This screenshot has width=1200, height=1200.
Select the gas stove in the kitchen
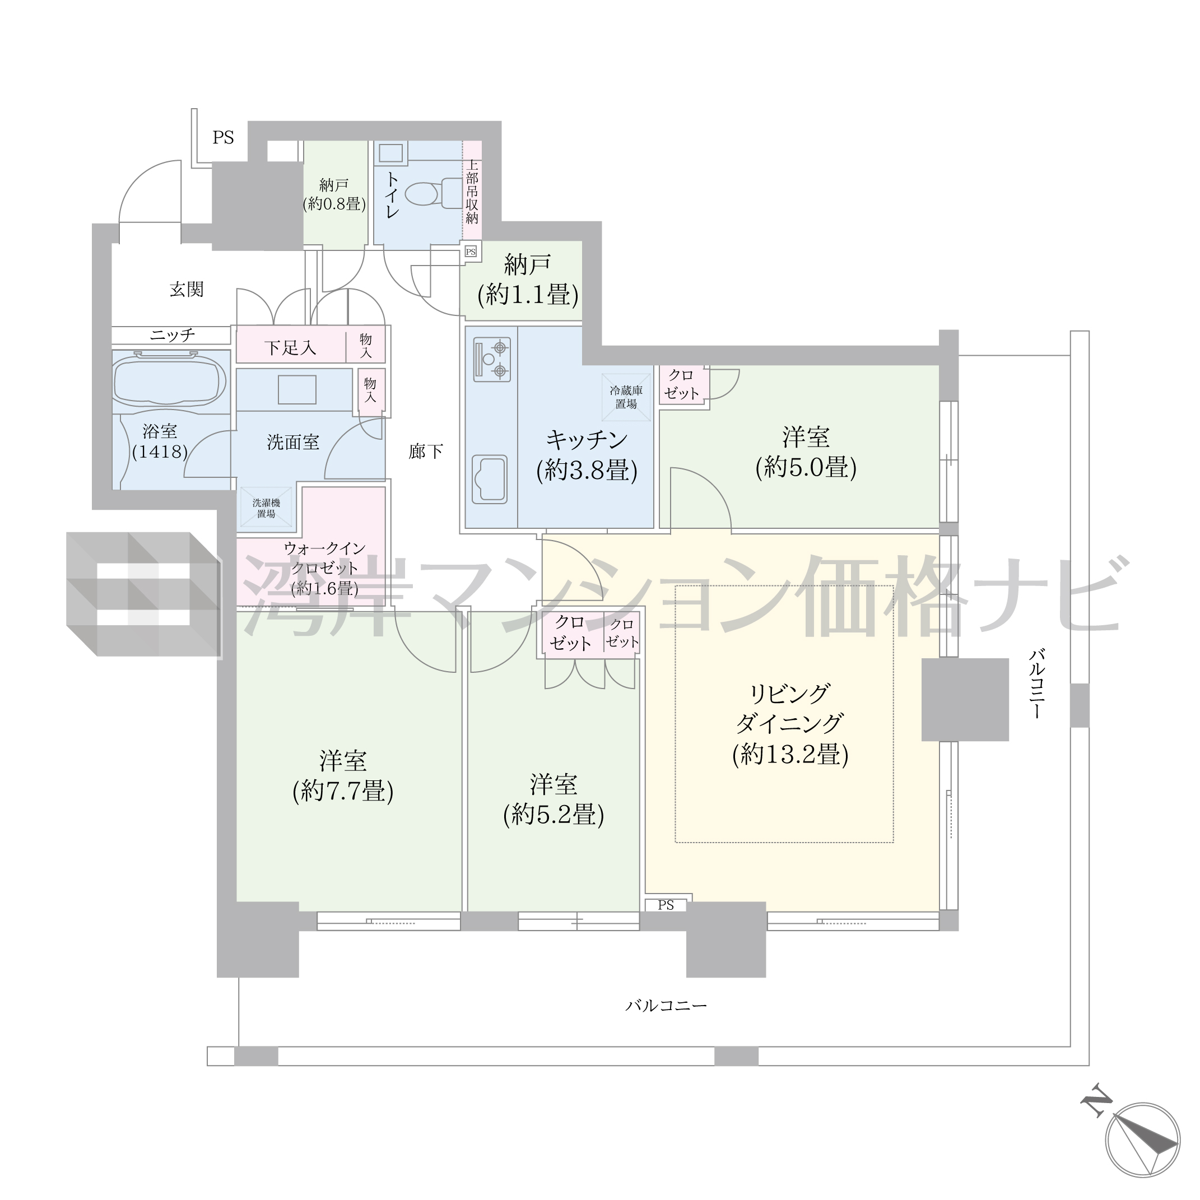[x=492, y=360]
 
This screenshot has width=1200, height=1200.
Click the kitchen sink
[x=490, y=480]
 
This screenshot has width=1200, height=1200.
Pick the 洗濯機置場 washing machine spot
[x=267, y=508]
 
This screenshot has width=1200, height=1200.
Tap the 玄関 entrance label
[x=187, y=290]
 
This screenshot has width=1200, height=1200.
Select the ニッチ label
[x=172, y=336]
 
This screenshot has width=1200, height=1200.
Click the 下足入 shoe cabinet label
[x=290, y=348]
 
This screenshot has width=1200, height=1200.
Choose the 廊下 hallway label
[x=426, y=451]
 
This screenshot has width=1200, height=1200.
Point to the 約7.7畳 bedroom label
[x=343, y=776]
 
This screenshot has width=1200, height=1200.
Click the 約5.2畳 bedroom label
[x=554, y=800]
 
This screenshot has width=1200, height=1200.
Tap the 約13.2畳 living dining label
[x=790, y=724]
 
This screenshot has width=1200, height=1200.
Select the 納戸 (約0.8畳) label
[x=334, y=194]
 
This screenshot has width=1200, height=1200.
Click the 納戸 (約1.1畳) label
[x=528, y=280]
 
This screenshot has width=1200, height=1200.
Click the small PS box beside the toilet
[x=471, y=252]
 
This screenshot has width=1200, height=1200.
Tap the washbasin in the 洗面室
[x=297, y=390]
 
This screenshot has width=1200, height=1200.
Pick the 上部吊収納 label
[x=472, y=191]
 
